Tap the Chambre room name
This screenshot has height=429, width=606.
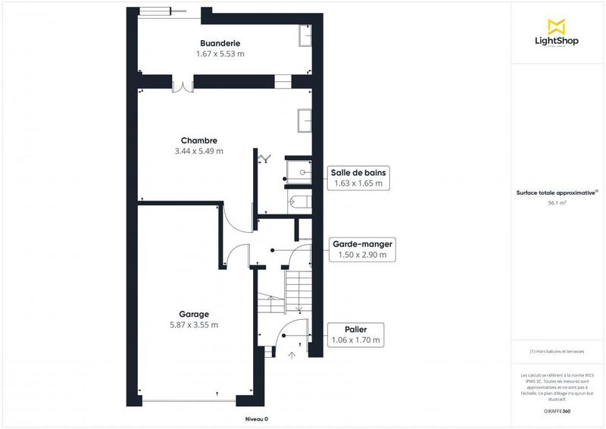199,140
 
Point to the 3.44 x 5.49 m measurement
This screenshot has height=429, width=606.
199,152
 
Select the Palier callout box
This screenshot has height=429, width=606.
355,335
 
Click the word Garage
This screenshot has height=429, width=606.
194,314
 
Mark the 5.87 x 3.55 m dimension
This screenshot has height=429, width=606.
194,325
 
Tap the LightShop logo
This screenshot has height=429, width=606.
557,33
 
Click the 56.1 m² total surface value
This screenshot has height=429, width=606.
558,203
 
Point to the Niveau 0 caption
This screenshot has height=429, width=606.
256,419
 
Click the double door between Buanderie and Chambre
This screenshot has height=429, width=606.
183,85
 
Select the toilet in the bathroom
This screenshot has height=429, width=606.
299,201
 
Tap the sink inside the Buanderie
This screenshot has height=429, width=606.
306,36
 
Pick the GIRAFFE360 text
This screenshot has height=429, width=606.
558,410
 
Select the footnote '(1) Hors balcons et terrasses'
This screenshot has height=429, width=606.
558,352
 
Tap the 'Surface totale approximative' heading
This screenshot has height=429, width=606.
558,193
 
